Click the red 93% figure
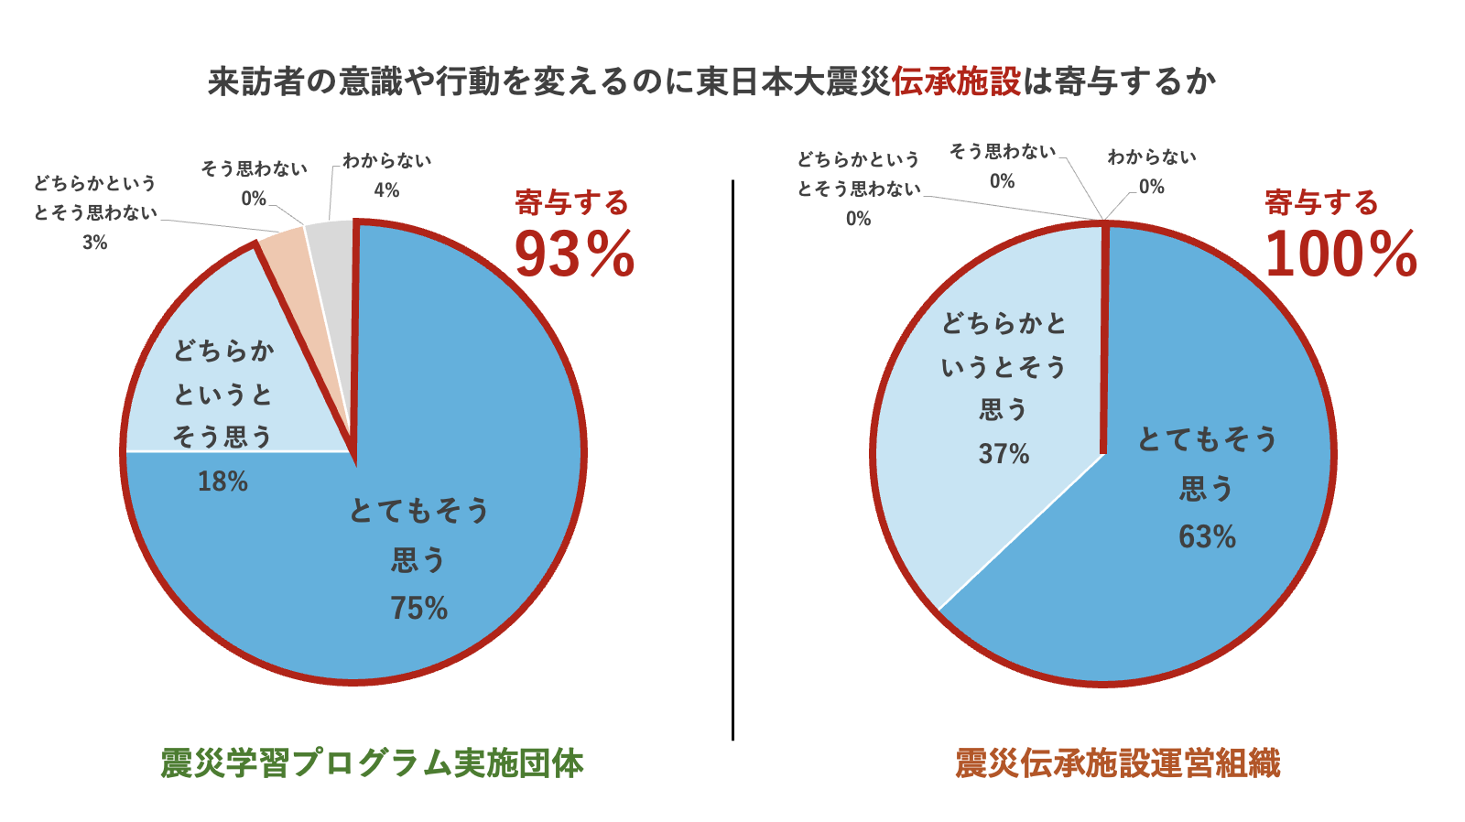[x=574, y=254]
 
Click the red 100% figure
[x=1340, y=254]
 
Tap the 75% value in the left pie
[x=419, y=608]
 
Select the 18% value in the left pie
[x=222, y=481]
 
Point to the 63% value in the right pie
[x=1207, y=536]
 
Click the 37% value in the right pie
[x=1004, y=454]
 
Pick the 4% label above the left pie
[x=386, y=190]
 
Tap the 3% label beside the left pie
[x=94, y=243]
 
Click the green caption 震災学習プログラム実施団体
[x=372, y=763]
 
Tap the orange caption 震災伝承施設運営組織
[x=1117, y=763]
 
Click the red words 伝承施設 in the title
[x=955, y=81]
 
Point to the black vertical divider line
[x=732, y=458]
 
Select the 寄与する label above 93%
[x=571, y=202]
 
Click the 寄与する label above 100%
[x=1321, y=202]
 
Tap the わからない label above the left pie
[x=386, y=161]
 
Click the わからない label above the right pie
[x=1151, y=157]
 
